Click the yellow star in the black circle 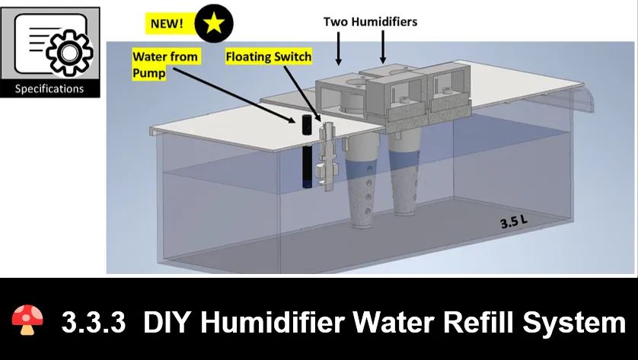(214, 23)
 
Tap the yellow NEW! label (167, 24)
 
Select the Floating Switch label (269, 56)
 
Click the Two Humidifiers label (370, 21)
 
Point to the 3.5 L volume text (513, 221)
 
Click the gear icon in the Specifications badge (69, 52)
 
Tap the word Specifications (49, 89)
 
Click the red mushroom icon (27, 320)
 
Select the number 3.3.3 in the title (93, 322)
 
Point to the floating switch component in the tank (327, 157)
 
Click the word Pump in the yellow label (149, 74)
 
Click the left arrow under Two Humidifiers (338, 49)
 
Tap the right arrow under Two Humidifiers (382, 46)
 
